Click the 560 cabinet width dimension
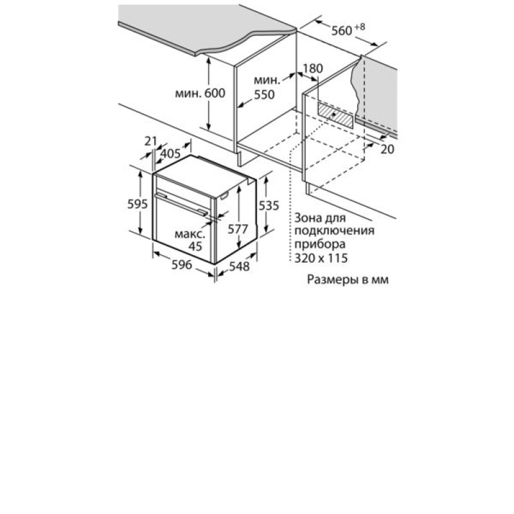[x=341, y=31]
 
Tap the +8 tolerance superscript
[x=359, y=27]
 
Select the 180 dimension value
[x=312, y=69]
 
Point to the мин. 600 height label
[x=200, y=93]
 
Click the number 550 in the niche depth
[x=264, y=94]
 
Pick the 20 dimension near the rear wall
[x=387, y=150]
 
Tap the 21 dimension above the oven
[x=151, y=141]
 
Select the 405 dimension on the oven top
[x=171, y=154]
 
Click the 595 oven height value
[x=137, y=204]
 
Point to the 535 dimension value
[x=269, y=206]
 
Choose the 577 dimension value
[x=238, y=229]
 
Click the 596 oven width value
[x=182, y=265]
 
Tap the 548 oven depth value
[x=239, y=267]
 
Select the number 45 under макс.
[x=195, y=246]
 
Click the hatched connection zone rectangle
[x=335, y=115]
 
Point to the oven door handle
[x=181, y=204]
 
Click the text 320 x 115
[x=321, y=258]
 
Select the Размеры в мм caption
[x=348, y=279]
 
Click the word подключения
[x=334, y=231]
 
